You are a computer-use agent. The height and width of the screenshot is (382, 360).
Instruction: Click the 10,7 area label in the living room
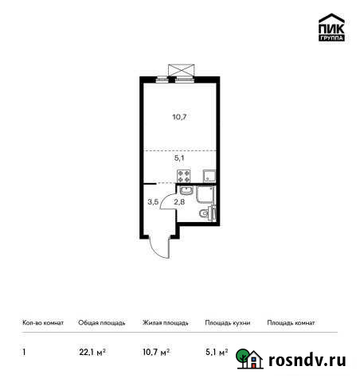click(179, 117)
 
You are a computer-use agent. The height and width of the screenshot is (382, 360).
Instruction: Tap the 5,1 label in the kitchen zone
click(179, 158)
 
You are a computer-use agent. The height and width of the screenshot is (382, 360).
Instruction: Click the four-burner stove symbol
click(184, 177)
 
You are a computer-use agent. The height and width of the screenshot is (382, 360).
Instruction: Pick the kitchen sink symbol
click(209, 177)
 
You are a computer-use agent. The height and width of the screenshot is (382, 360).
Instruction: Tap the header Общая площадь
click(101, 323)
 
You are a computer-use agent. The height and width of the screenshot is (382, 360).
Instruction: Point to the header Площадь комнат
click(291, 323)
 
